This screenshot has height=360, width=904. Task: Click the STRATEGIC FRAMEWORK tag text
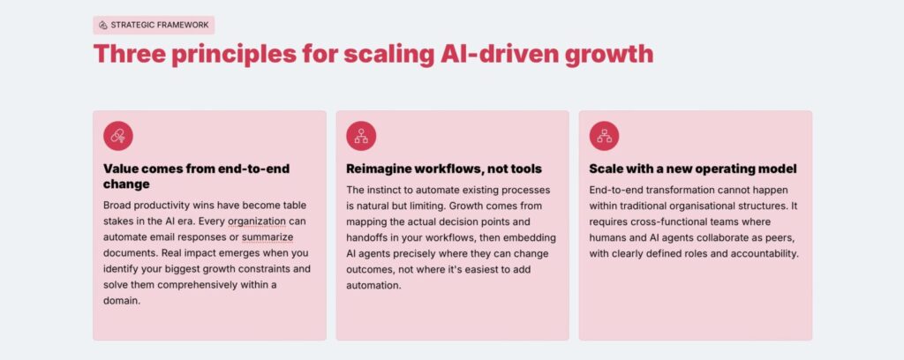pos(160,25)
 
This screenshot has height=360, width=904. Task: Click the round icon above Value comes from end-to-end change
pos(118,136)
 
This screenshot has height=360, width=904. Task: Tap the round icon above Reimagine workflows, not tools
pos(361,136)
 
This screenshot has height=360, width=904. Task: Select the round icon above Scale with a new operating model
pos(604,136)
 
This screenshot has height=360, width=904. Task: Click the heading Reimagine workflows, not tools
pos(444,169)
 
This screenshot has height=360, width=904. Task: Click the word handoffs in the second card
pos(372,238)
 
